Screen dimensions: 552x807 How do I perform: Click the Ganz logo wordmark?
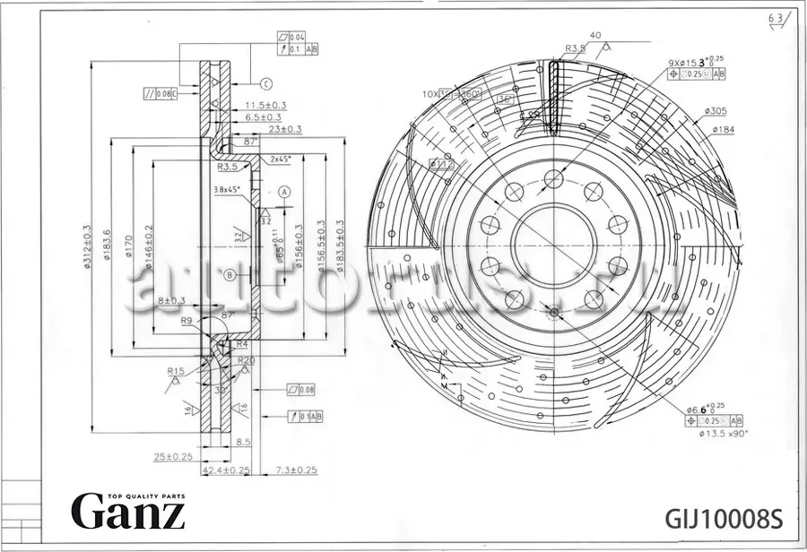point(128,512)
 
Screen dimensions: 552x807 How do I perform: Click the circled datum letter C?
point(266,84)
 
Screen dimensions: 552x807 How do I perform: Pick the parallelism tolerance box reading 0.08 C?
point(161,92)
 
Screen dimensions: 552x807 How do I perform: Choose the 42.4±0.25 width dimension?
point(224,470)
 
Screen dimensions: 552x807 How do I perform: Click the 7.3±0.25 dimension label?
point(296,470)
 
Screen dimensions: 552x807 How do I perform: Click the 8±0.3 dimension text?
point(170,300)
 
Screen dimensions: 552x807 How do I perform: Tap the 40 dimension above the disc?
point(595,35)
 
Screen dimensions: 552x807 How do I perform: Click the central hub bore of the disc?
point(554,245)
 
